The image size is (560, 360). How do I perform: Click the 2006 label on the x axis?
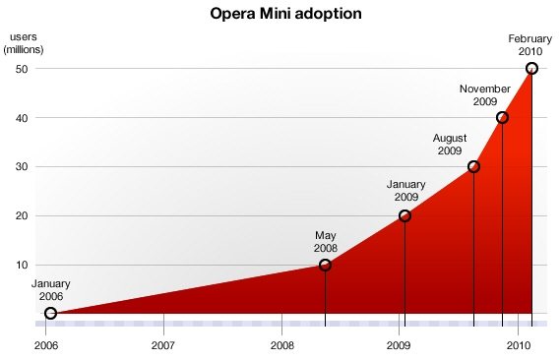pos(45,346)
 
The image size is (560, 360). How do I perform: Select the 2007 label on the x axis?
pos(163,346)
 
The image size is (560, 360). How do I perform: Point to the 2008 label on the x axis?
pos(282,346)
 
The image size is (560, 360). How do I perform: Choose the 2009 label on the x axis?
pos(399,346)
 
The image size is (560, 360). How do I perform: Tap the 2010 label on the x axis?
pos(518,346)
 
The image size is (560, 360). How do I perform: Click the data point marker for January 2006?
pos(50,314)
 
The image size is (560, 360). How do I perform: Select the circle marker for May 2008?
pos(326,265)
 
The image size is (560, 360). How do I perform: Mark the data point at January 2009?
pos(404,215)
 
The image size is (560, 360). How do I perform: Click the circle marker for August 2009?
pos(473,166)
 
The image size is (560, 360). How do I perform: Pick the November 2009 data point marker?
pos(502,117)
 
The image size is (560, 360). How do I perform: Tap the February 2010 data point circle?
pos(531,68)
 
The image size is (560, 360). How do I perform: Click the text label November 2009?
pos(485,94)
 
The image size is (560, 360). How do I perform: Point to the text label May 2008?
pos(326,241)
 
